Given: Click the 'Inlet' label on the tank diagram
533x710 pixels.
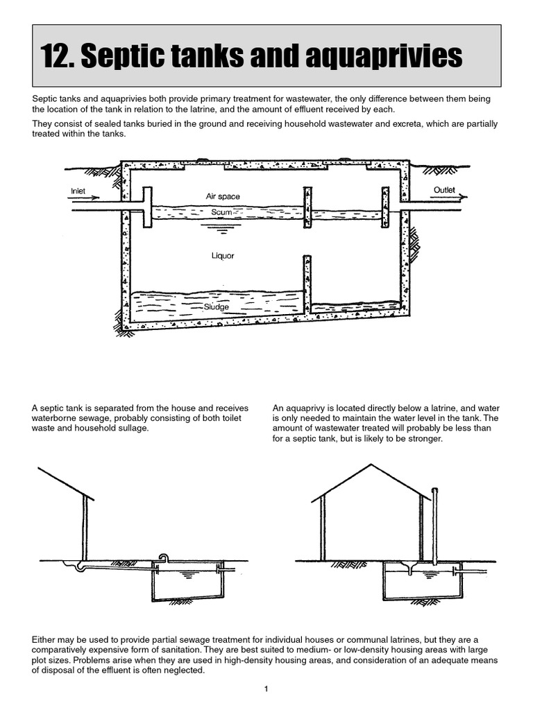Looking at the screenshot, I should pyautogui.click(x=77, y=191).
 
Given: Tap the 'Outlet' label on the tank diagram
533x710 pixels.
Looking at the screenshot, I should pyautogui.click(x=444, y=190).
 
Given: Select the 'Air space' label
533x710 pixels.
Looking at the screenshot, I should pyautogui.click(x=222, y=197).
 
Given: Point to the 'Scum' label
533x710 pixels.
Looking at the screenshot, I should pyautogui.click(x=221, y=212).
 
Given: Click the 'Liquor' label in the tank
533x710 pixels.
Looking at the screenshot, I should pyautogui.click(x=223, y=256).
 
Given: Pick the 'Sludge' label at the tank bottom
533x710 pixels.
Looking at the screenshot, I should pyautogui.click(x=217, y=306).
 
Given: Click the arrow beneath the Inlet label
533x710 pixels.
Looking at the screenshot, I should pyautogui.click(x=85, y=198).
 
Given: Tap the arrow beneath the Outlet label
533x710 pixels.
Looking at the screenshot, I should pyautogui.click(x=448, y=197).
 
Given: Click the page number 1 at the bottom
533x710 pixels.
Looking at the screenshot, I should pyautogui.click(x=266, y=689).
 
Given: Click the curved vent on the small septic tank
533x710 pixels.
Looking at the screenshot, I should pyautogui.click(x=164, y=557).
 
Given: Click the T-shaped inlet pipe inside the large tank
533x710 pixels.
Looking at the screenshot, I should pyautogui.click(x=146, y=206).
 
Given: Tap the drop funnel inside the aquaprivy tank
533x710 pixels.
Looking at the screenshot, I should pyautogui.click(x=410, y=569).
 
